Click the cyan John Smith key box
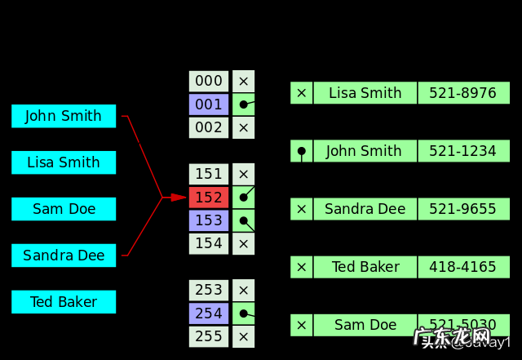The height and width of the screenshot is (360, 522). coord(64,116)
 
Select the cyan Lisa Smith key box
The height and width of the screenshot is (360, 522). coord(64,162)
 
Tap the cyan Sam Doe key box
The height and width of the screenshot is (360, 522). coord(64,209)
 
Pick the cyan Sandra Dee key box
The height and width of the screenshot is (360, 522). coord(64,256)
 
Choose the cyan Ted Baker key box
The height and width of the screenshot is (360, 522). coord(64,302)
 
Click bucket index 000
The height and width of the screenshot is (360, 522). coord(209,81)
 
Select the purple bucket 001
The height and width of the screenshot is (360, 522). coord(209,104)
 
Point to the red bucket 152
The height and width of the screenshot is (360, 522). coord(209,198)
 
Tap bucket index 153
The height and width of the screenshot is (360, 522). coord(209,220)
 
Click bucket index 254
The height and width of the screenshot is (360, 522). coord(209,313)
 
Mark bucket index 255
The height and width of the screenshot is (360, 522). coord(209,336)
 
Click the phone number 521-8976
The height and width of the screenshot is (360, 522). coord(462,93)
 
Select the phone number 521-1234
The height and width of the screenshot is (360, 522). coord(462,151)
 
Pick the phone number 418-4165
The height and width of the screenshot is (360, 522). coord(462,267)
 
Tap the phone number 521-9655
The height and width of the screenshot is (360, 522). coord(462,209)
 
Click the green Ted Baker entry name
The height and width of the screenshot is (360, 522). coord(365,267)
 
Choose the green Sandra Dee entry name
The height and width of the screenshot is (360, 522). coord(365,209)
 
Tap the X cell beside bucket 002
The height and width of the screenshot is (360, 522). coord(243,127)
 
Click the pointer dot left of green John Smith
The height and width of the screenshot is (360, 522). coord(302,151)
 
